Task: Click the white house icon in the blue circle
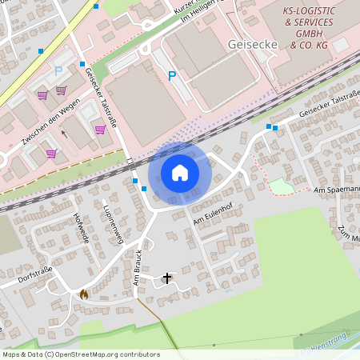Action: tap(180, 172)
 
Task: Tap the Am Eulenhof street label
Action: tap(212, 214)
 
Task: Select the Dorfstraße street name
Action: tap(33, 277)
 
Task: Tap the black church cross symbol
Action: tap(167, 278)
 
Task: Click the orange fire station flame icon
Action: tap(83, 294)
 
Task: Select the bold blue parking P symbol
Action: tap(171, 76)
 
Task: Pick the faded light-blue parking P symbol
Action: tap(58, 71)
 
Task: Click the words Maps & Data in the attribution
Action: tap(22, 354)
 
